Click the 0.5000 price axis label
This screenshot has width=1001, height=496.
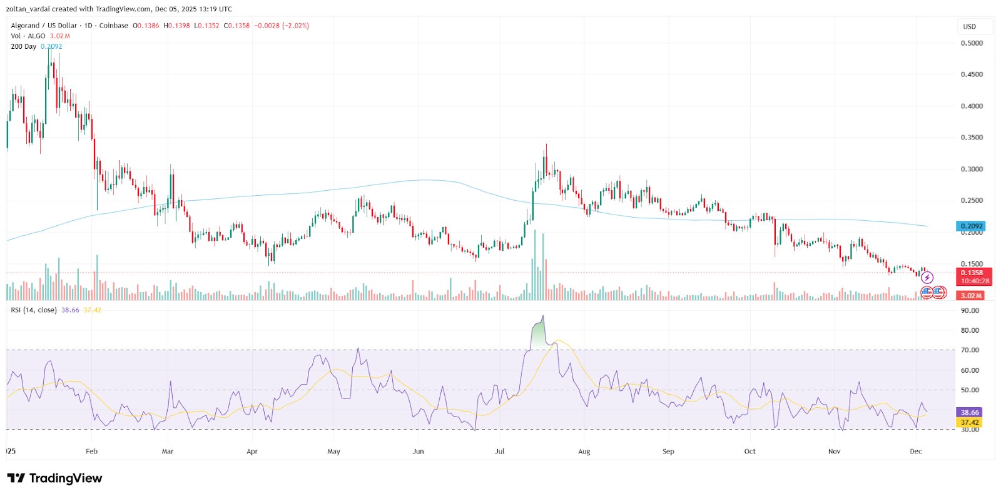pos(972,43)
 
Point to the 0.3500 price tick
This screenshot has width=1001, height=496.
pos(972,138)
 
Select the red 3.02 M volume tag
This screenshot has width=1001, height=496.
pos(971,295)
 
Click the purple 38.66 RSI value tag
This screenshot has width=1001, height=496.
pos(970,412)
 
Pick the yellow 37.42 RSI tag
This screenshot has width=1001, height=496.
pos(970,422)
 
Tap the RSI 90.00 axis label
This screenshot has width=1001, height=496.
pos(970,311)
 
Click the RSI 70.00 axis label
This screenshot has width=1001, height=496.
pos(970,350)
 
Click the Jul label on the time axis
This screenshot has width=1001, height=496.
pos(500,451)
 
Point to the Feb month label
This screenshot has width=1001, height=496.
pos(91,451)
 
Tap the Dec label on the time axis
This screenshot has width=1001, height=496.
pos(916,451)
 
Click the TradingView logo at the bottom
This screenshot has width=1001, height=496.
pos(54,478)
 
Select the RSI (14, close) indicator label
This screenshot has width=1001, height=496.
pos(34,310)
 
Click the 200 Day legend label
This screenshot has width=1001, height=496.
pos(24,46)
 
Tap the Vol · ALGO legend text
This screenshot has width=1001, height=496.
pos(28,36)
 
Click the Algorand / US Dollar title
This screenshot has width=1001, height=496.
pos(44,26)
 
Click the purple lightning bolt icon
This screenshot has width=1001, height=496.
pos(927,277)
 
